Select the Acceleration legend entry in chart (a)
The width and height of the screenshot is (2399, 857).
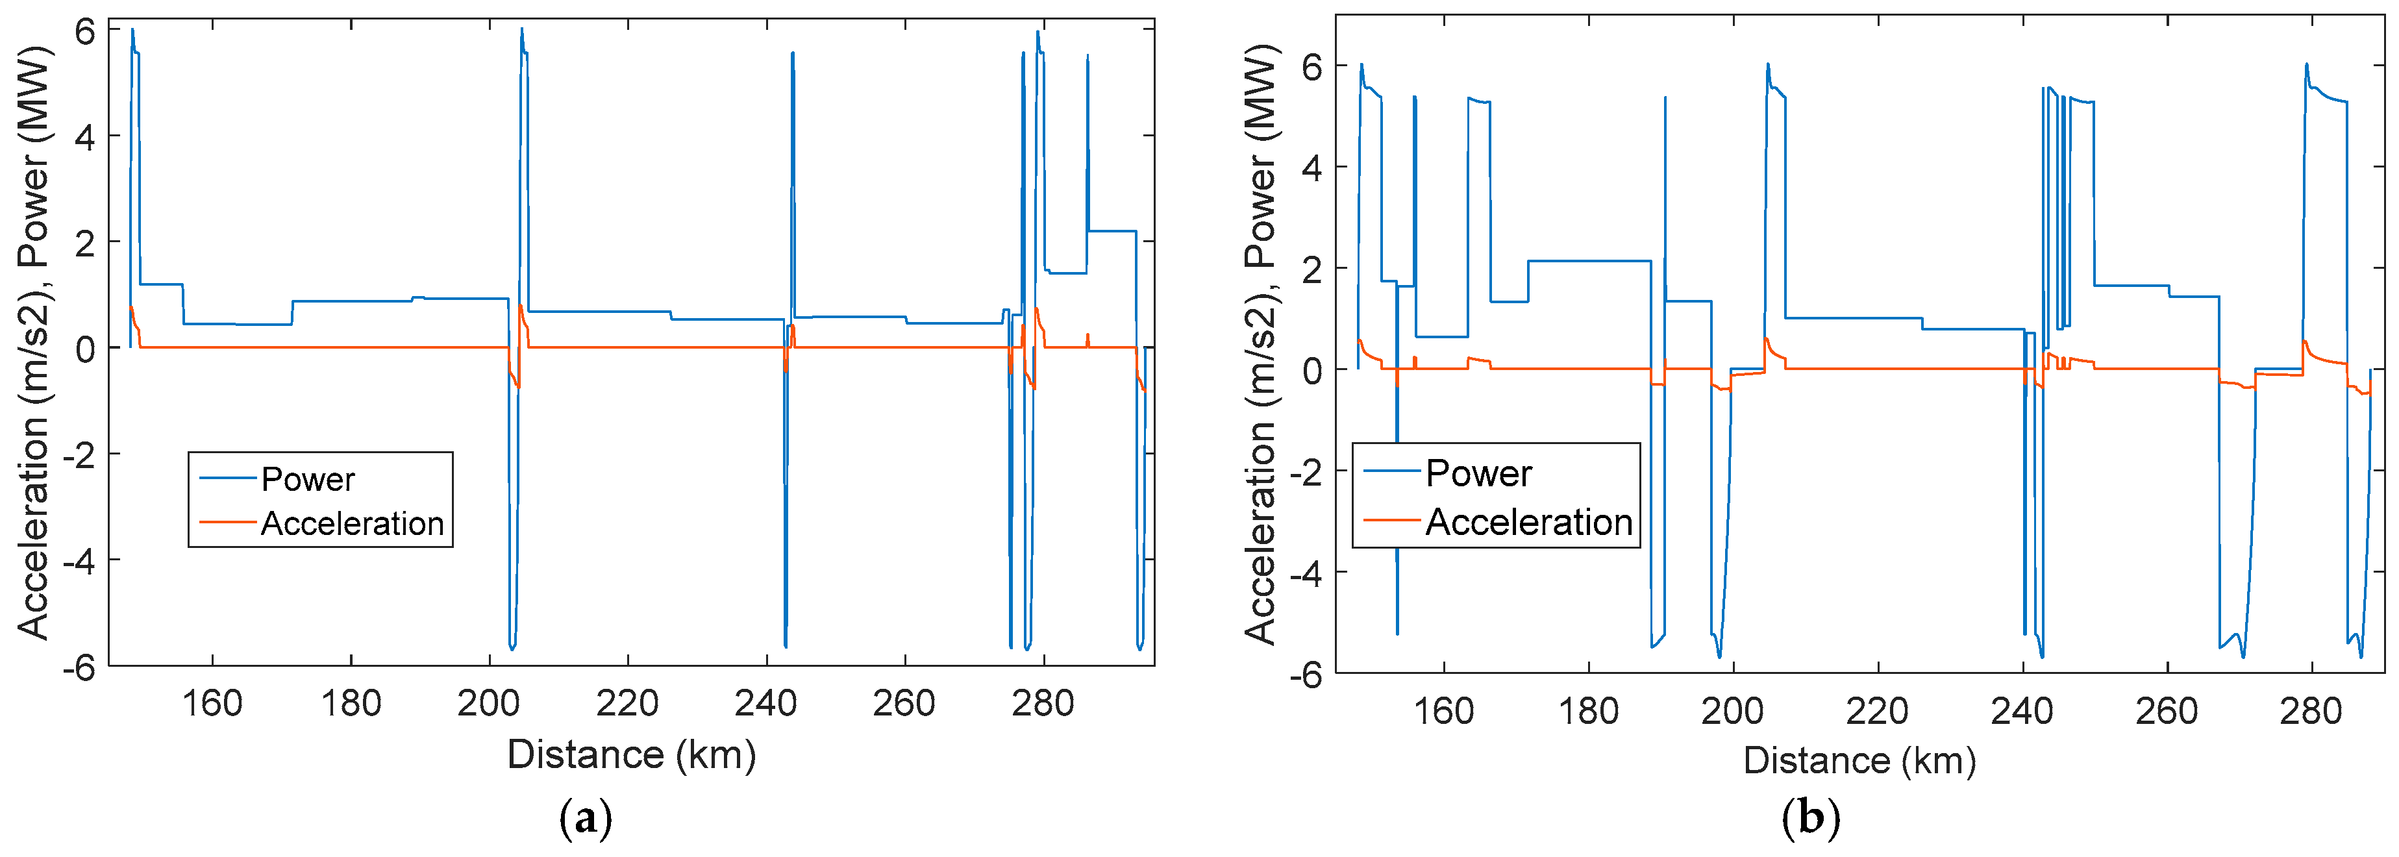coord(351,523)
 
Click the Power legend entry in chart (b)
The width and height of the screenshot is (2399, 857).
coord(1478,473)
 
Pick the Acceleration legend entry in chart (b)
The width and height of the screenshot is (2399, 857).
coord(1528,521)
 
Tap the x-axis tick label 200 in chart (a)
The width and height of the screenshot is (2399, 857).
coord(488,703)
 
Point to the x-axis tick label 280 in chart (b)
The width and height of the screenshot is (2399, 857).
coord(2311,712)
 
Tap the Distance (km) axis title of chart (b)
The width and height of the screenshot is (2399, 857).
coord(1859,761)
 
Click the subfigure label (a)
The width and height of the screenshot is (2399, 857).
coord(586,820)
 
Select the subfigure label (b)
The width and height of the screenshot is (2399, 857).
coord(1810,820)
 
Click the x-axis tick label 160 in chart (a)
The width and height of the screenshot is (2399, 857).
coord(212,703)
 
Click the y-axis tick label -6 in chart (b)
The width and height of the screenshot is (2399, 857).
coord(1305,675)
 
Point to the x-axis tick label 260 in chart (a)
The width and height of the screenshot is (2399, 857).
coord(903,703)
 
